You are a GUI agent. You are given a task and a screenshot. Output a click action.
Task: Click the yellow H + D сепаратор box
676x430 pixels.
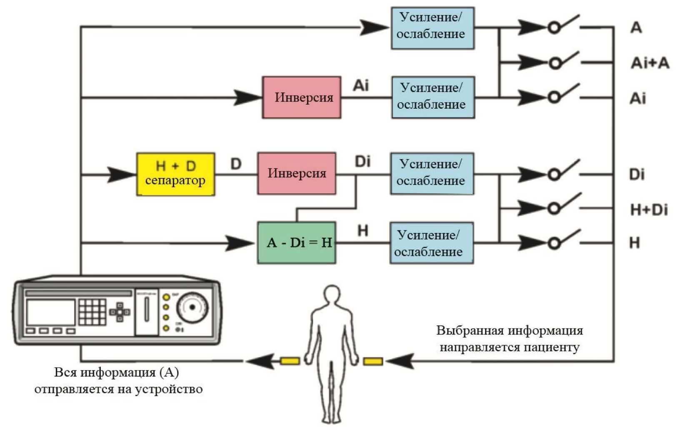pos(175,174)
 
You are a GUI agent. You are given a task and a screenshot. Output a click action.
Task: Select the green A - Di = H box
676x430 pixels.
pos(296,242)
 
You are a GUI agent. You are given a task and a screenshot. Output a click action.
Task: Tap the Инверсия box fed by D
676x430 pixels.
pos(296,173)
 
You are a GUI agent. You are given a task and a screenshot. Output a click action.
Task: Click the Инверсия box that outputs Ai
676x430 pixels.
pos(301,97)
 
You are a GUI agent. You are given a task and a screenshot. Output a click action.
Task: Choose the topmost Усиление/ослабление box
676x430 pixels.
pos(432,28)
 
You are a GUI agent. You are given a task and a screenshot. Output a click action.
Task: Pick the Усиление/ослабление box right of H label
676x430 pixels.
pos(431,243)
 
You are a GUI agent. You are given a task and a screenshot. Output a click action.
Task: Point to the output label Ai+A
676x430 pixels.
pos(649,63)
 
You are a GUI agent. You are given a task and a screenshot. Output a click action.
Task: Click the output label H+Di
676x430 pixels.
pos(648,210)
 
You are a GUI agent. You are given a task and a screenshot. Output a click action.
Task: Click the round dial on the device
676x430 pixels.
pos(192,307)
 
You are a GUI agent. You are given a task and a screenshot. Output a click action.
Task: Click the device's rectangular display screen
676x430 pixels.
pos(50,312)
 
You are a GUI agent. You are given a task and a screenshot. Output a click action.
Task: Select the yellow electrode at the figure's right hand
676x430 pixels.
pos(373,361)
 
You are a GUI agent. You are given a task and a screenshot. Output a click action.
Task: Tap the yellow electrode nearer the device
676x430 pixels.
pos(290,361)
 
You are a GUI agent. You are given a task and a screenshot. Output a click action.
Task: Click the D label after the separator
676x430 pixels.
pos(236,164)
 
